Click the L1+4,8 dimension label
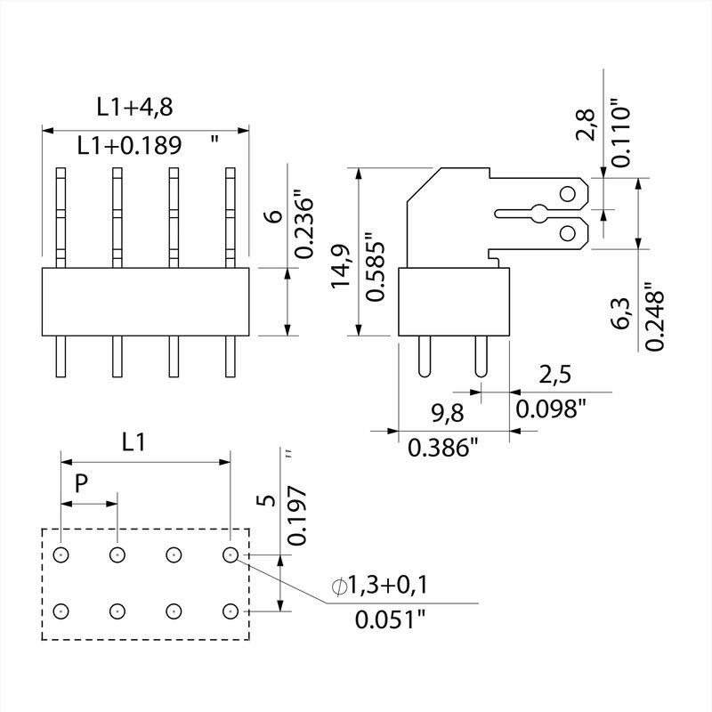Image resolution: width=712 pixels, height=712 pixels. click(134, 107)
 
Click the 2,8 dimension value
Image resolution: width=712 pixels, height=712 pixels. click(586, 124)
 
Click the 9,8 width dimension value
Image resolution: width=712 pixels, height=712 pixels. click(424, 413)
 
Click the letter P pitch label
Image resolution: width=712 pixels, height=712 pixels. click(81, 484)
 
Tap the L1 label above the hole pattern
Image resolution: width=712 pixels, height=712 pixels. click(133, 442)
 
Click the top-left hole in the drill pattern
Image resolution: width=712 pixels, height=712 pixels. click(61, 555)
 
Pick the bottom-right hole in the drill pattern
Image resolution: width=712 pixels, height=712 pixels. click(231, 611)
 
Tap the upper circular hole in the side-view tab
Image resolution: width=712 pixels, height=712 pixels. click(567, 192)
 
